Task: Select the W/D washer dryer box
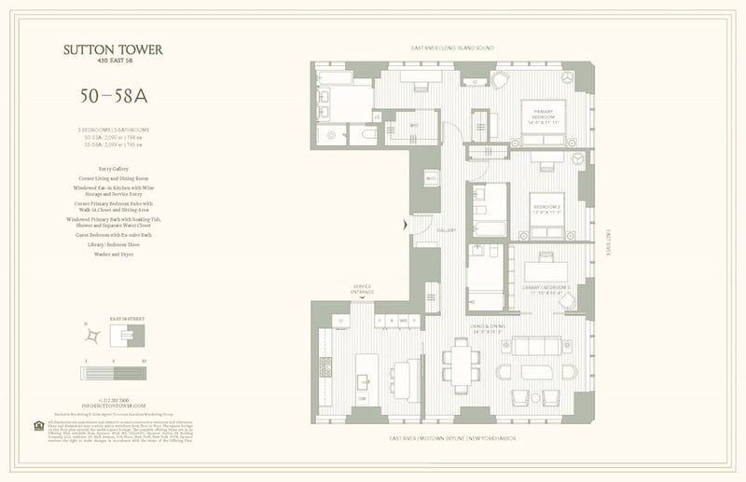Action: [x=431, y=178]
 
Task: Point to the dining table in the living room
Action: [x=460, y=365]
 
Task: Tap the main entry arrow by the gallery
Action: [x=404, y=224]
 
